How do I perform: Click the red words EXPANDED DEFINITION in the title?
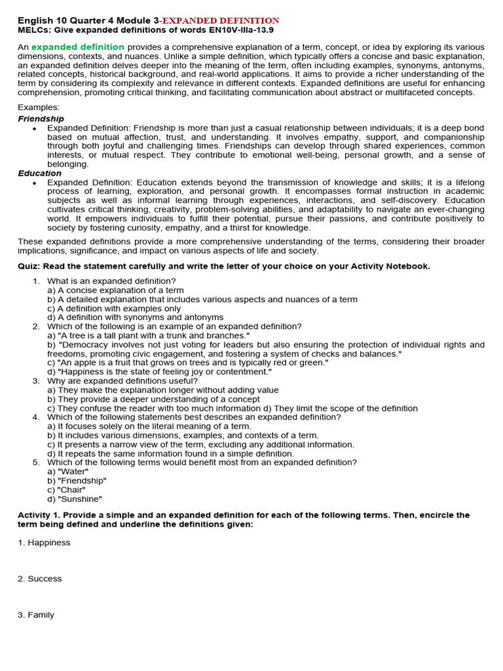tap(222, 21)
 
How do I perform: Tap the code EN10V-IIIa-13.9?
tap(239, 30)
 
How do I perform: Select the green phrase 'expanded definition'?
tap(78, 47)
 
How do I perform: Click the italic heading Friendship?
tap(41, 119)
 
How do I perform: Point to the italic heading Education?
tap(39, 173)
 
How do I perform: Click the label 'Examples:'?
tap(39, 107)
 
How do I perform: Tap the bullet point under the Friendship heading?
tap(34, 128)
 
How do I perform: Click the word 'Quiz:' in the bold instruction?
tap(30, 266)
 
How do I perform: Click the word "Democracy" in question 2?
tap(84, 345)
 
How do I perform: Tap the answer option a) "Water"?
tap(67, 471)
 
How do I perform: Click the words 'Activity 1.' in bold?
tap(42, 515)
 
